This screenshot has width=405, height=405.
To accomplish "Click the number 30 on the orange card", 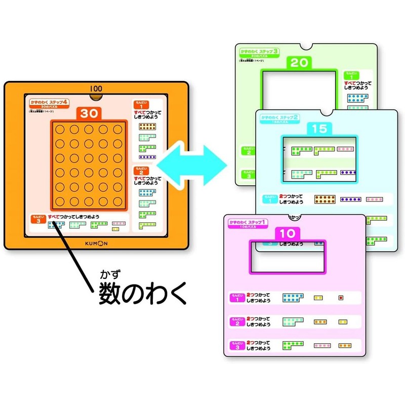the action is point(88,114).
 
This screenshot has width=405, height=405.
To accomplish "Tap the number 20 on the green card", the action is point(300,63).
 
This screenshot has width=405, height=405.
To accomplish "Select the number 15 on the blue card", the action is point(319,129).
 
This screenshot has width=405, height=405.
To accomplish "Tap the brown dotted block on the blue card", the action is point(322,199).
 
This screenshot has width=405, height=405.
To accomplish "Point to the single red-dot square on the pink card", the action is point(341,298).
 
